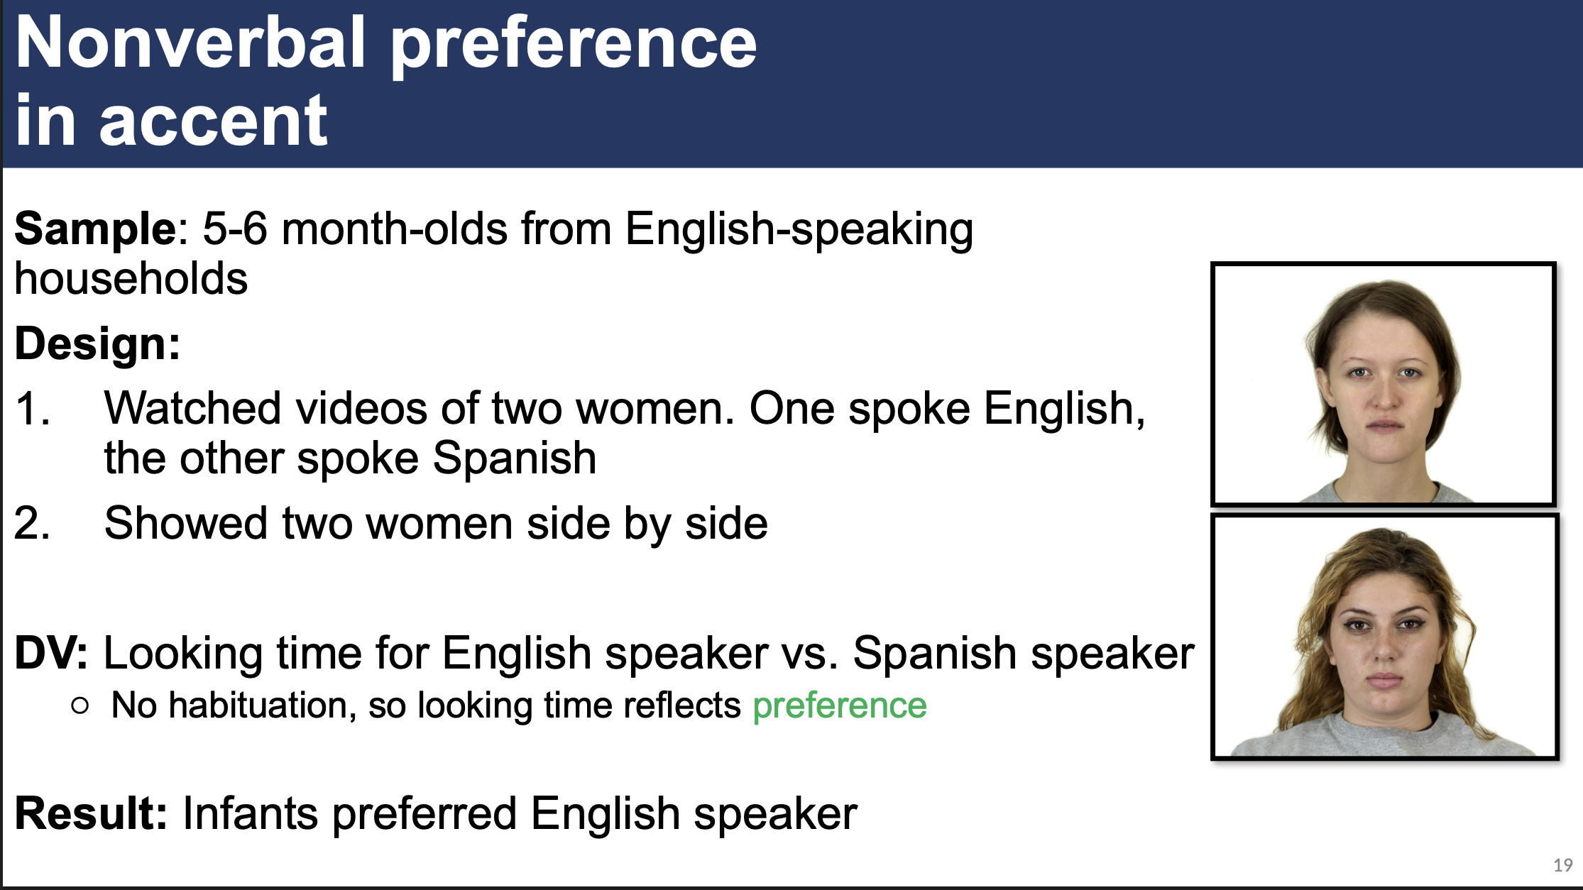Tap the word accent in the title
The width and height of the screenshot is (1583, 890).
point(213,122)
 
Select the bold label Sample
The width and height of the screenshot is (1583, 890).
point(95,229)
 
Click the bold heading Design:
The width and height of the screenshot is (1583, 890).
point(98,344)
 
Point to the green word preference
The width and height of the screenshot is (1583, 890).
point(839,705)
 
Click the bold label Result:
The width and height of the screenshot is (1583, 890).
point(91,813)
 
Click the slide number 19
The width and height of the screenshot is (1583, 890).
point(1562,865)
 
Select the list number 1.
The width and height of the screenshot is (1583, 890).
point(32,410)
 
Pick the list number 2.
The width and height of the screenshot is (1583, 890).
point(32,524)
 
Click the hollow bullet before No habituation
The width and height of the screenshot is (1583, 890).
point(80,705)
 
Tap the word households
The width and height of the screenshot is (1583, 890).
point(131,279)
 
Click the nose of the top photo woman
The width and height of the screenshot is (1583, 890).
point(1384,397)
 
